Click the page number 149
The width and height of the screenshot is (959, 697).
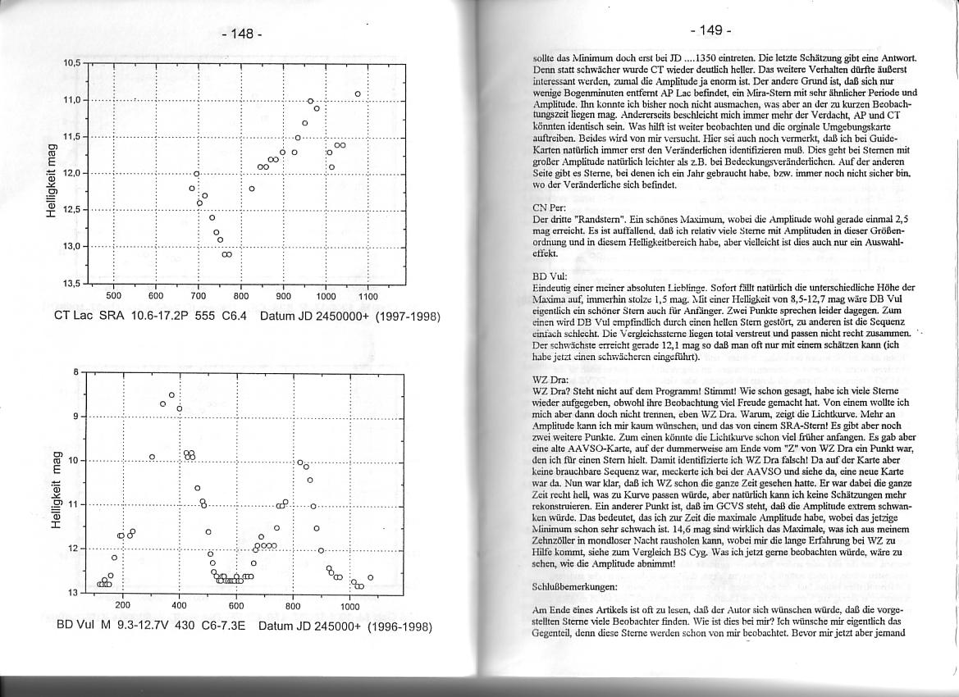[x=710, y=30]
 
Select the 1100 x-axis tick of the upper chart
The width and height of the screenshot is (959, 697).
[x=368, y=296]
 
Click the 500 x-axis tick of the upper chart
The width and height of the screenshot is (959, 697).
[x=114, y=296]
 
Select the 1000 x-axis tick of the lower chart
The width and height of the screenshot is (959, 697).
[x=349, y=605]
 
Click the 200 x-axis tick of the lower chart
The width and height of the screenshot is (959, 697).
[x=122, y=605]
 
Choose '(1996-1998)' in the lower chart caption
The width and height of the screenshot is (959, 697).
[x=399, y=626]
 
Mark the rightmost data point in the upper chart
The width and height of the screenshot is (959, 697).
[x=358, y=94]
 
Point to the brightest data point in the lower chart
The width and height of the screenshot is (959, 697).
[x=171, y=395]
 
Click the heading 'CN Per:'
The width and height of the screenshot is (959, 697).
[x=549, y=208]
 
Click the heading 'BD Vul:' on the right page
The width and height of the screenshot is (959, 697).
[x=548, y=277]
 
